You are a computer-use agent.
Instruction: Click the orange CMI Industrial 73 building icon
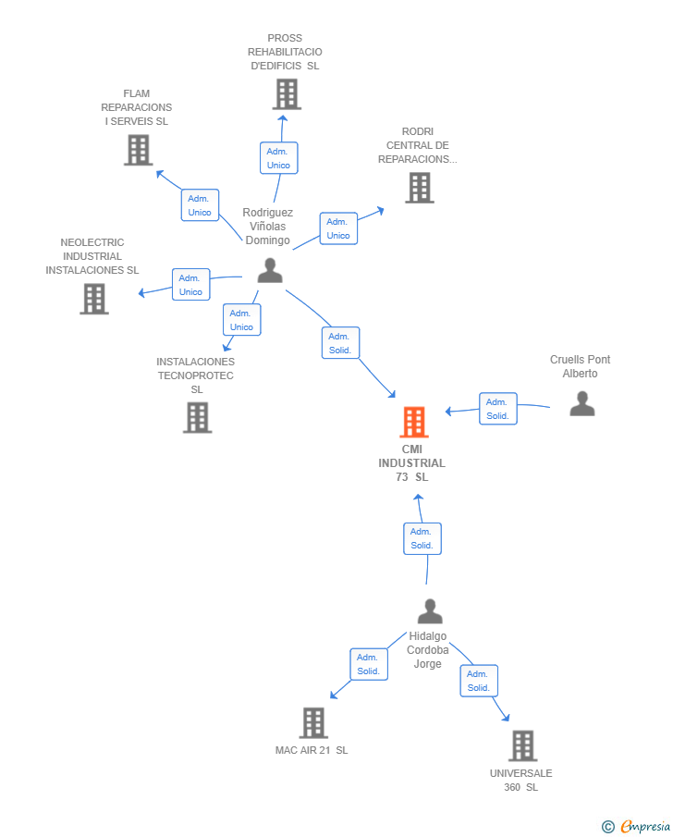click(413, 422)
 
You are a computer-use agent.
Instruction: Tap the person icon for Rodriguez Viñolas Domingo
click(270, 270)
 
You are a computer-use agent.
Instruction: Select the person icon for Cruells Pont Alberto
click(581, 403)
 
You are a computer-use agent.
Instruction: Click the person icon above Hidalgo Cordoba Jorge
click(430, 611)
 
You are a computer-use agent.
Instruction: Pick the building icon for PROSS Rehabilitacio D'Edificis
click(287, 94)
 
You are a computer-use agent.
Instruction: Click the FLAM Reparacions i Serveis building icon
click(139, 150)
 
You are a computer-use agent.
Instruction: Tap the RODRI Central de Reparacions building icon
click(420, 188)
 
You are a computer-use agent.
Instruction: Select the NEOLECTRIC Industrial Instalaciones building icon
click(94, 299)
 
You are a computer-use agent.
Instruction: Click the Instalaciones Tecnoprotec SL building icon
click(198, 417)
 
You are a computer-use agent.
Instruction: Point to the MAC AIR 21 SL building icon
click(313, 722)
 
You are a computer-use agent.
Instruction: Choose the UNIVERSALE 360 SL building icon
click(522, 745)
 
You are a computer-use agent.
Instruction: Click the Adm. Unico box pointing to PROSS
click(278, 158)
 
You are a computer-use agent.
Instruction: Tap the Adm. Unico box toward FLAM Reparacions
click(200, 205)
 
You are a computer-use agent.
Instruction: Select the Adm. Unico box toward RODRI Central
click(338, 228)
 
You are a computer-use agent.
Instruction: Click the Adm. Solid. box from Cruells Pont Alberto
click(498, 409)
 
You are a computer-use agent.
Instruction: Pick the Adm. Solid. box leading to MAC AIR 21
click(369, 664)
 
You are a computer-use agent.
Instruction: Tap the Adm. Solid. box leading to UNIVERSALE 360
click(479, 681)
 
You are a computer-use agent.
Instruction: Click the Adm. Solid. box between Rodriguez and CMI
click(340, 343)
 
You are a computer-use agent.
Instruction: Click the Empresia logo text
click(644, 826)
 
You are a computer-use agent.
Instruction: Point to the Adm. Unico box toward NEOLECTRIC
click(191, 285)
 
